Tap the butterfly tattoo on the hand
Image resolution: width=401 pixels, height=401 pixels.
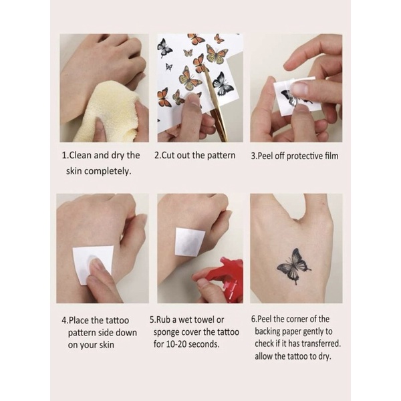294,265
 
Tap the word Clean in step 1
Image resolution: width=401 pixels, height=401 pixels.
84,155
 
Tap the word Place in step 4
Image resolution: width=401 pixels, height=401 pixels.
82,319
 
